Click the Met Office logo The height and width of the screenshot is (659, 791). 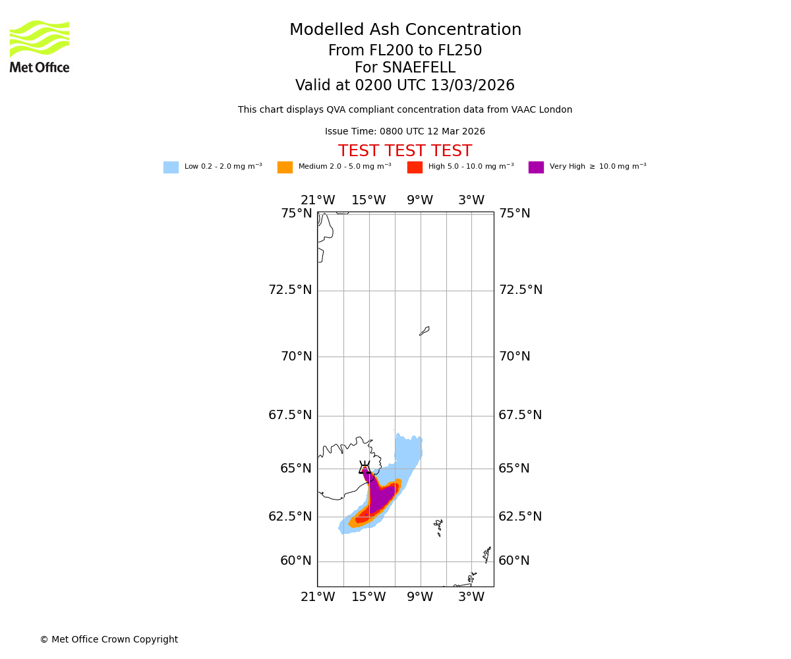pyautogui.click(x=40, y=46)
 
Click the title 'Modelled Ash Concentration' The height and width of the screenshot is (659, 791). pyautogui.click(x=405, y=30)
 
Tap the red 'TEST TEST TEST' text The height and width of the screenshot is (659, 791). pyautogui.click(x=405, y=152)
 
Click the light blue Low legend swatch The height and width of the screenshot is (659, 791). pyautogui.click(x=171, y=167)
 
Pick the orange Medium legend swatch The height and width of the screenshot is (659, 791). pyautogui.click(x=285, y=167)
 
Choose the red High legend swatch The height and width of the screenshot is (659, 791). pyautogui.click(x=415, y=167)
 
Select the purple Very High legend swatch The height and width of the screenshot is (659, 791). pyautogui.click(x=536, y=167)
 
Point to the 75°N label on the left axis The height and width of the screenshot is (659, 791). pyautogui.click(x=297, y=214)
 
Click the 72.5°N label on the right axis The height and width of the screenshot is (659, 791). pyautogui.click(x=520, y=290)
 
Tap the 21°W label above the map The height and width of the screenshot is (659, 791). pyautogui.click(x=318, y=200)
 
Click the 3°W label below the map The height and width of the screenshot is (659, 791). pyautogui.click(x=471, y=597)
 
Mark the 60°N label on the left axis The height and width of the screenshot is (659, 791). pyautogui.click(x=297, y=561)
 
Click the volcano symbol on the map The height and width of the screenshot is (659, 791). pyautogui.click(x=365, y=468)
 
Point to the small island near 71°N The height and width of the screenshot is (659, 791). pyautogui.click(x=425, y=331)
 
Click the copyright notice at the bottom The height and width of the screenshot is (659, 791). pyautogui.click(x=109, y=640)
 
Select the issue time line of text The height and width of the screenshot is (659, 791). pyautogui.click(x=405, y=132)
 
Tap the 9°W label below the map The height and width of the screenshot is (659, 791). pyautogui.click(x=420, y=597)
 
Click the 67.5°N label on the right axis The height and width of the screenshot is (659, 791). pyautogui.click(x=520, y=415)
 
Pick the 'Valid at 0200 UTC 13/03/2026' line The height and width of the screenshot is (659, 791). pyautogui.click(x=405, y=86)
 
